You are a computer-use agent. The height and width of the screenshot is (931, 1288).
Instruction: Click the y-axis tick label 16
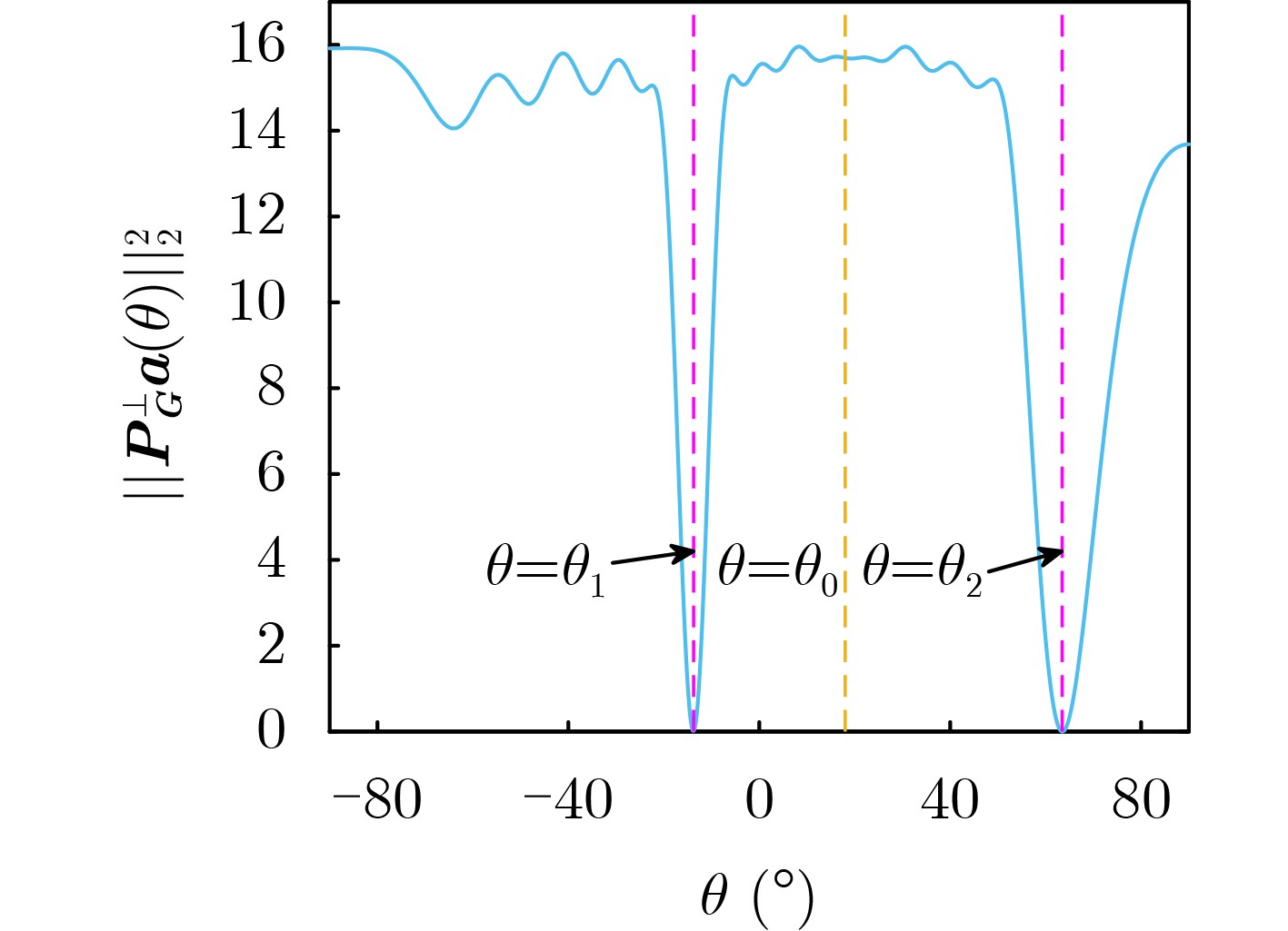257,45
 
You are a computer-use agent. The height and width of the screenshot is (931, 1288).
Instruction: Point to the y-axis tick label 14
257,131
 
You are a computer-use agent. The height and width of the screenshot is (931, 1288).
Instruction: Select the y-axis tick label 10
257,302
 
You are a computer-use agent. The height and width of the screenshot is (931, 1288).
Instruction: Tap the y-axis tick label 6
271,474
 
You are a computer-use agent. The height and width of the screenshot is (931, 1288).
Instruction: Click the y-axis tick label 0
271,730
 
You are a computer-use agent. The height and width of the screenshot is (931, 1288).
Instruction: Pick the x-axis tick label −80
376,801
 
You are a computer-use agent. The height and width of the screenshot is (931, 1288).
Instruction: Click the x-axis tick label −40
567,801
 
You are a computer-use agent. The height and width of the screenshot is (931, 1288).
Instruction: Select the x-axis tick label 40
950,801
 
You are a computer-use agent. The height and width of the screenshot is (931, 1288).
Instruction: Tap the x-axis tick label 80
1142,801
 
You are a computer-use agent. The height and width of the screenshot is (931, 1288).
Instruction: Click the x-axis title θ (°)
756,897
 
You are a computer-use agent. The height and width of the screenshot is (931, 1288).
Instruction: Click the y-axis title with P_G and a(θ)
155,363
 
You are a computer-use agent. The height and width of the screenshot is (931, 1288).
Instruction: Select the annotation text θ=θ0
777,570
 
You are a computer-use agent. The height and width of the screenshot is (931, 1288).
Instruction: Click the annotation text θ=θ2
922,570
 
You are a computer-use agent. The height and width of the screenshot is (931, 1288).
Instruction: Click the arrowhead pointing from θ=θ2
1053,553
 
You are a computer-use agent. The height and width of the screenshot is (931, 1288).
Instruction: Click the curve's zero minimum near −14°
694,728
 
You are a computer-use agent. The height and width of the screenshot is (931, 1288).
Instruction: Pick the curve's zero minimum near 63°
1063,728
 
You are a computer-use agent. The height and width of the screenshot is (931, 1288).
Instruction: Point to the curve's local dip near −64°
454,128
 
